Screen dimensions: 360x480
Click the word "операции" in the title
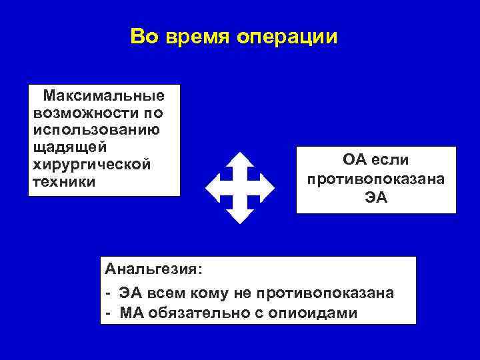click(x=287, y=37)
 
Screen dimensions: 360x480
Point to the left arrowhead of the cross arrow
click(x=213, y=187)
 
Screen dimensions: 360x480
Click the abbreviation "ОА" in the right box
click(x=355, y=161)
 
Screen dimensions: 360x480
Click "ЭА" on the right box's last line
click(x=376, y=198)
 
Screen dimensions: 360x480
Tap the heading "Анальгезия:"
click(x=153, y=269)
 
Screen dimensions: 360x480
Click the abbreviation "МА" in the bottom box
click(x=133, y=311)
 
